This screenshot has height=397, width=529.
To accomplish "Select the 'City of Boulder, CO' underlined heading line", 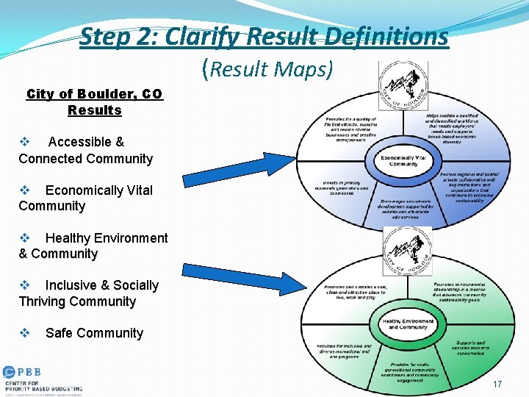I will [x=94, y=94].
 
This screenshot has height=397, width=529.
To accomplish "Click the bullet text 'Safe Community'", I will [x=94, y=333].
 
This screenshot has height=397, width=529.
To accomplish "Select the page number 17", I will [x=497, y=385].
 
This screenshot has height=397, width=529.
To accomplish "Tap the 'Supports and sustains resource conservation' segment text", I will [x=470, y=348].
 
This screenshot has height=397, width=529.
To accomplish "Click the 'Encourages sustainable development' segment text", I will [x=408, y=208].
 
